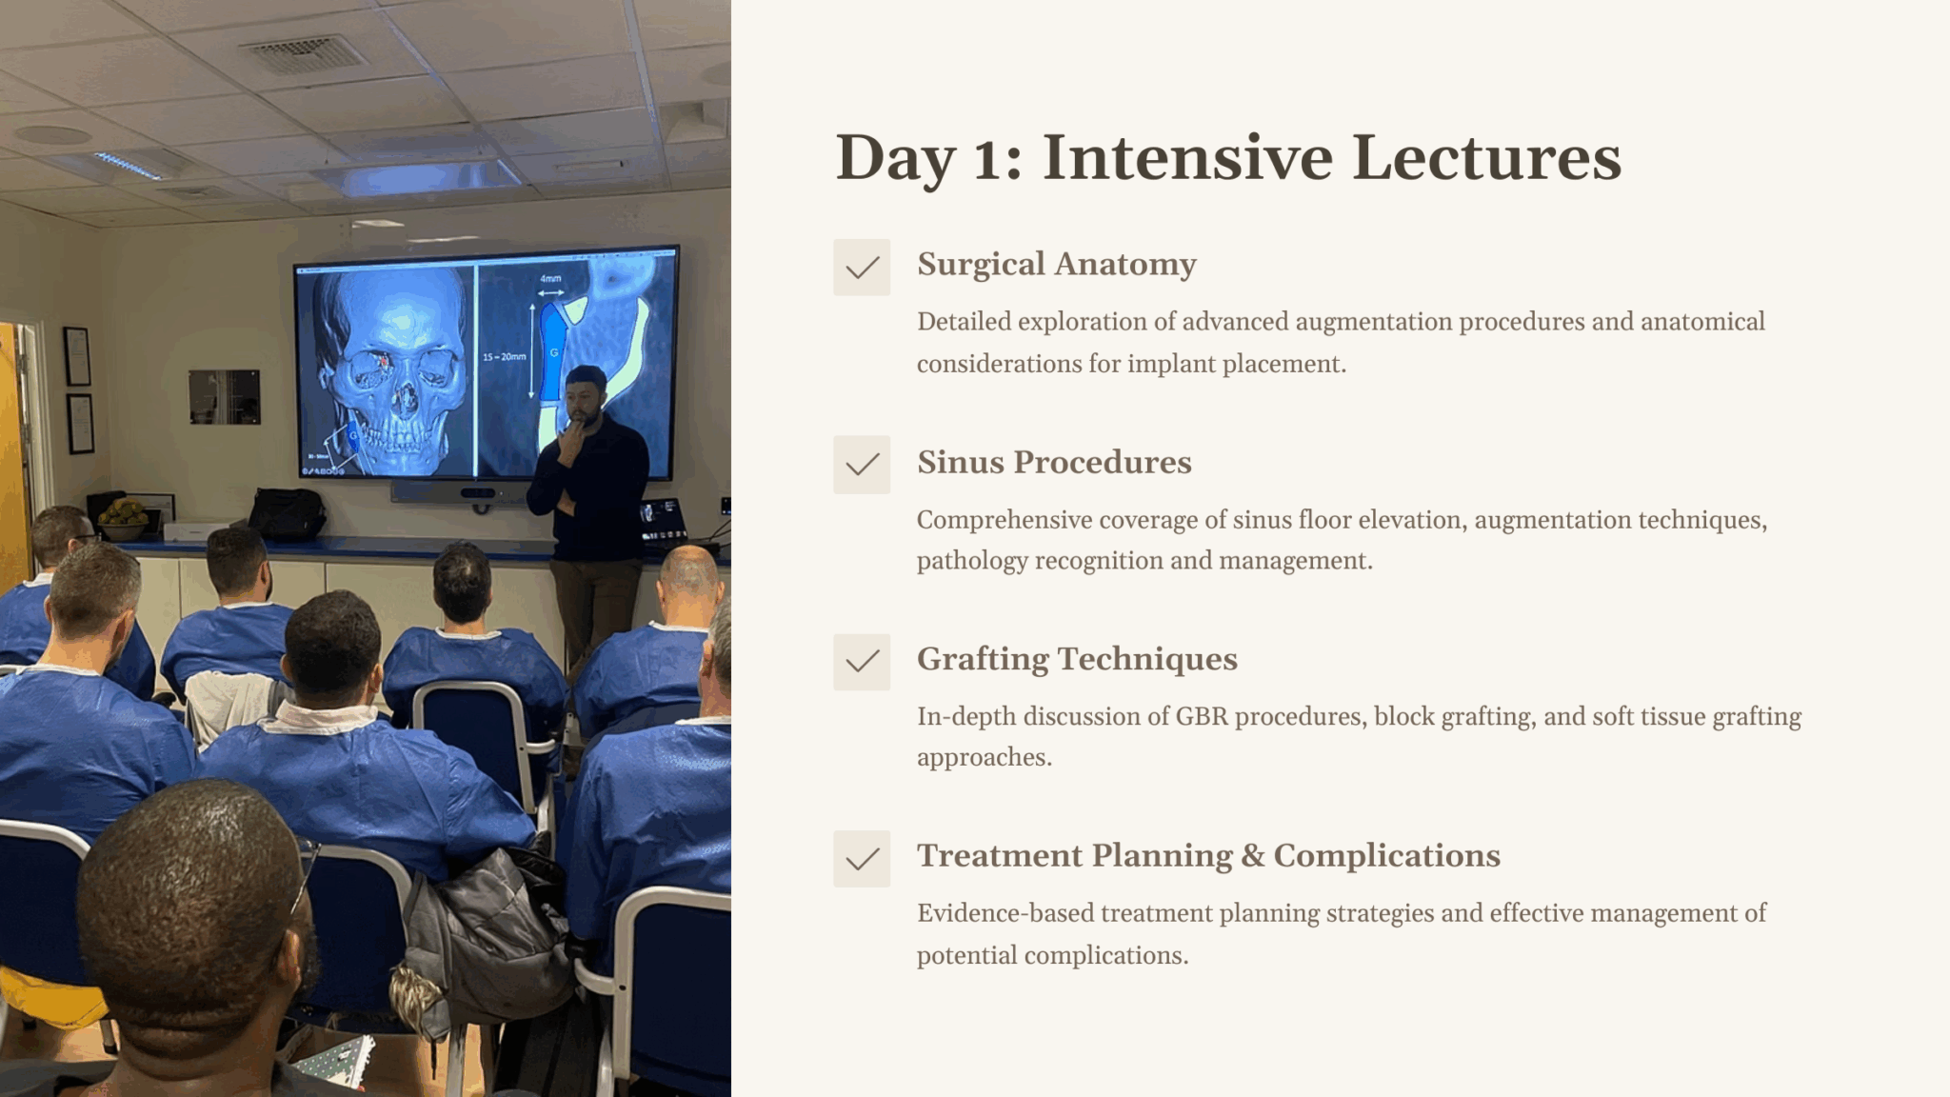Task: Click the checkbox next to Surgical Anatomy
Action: tap(862, 268)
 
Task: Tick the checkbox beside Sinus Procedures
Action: tap(862, 465)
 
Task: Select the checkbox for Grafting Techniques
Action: tap(862, 662)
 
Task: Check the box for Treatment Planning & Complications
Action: tap(862, 859)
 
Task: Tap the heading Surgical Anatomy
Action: tap(1057, 265)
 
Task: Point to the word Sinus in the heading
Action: tap(961, 462)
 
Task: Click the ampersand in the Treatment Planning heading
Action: tap(1252, 856)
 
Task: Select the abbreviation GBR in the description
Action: tap(1202, 716)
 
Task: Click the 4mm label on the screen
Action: tap(551, 279)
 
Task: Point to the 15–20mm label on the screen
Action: tap(504, 357)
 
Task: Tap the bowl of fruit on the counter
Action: tap(125, 517)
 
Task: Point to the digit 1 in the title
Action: tap(986, 160)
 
